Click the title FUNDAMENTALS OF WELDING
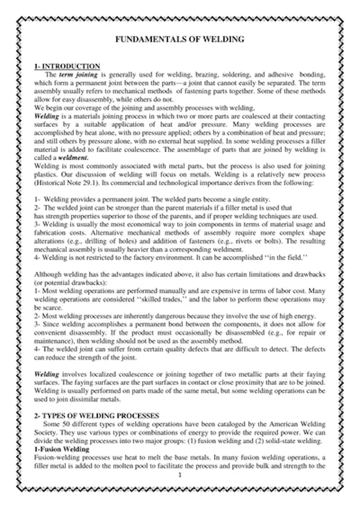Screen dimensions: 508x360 click(180, 39)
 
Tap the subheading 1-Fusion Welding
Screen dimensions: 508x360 click(61, 450)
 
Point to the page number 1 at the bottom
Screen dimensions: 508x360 click(179, 475)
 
